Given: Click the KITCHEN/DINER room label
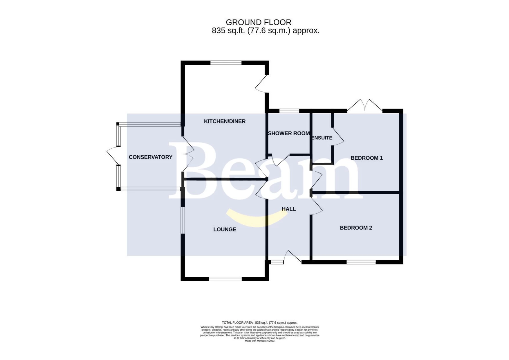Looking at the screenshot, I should click(x=225, y=121).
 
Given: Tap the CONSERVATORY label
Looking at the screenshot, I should click(x=150, y=157).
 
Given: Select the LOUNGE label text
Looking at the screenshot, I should click(x=225, y=229).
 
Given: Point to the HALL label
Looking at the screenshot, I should click(x=289, y=209).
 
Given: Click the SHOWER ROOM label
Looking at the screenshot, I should click(x=289, y=133).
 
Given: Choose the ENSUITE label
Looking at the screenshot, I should click(x=322, y=138).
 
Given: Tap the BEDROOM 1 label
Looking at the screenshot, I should click(x=367, y=158).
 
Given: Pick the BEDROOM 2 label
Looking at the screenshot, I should click(x=356, y=228).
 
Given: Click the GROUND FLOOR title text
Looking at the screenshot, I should click(x=258, y=22).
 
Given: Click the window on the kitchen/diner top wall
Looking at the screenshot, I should click(x=226, y=62).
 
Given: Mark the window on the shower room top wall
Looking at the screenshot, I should click(x=289, y=111).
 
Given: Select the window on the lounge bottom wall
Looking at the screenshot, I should click(x=225, y=279).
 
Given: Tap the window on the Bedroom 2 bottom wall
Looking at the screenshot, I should click(x=361, y=262).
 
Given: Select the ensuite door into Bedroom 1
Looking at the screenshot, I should click(x=338, y=136).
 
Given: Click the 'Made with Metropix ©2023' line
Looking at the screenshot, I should click(x=259, y=341).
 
